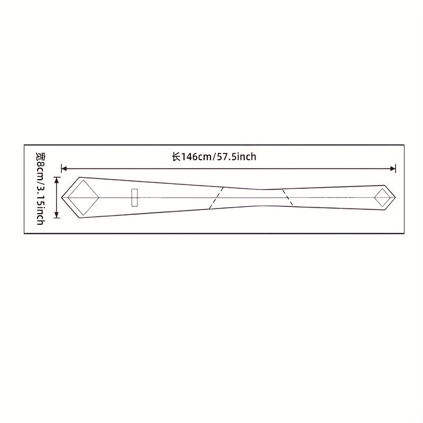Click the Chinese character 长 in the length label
coord(176,157)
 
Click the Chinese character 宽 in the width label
coord(41,157)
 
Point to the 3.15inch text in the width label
coord(40,205)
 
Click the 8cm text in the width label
coord(41,170)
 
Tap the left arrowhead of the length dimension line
coord(64,169)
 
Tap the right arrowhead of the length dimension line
coord(393,169)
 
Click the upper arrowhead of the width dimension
coord(57,180)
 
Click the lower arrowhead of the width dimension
coord(57,215)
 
